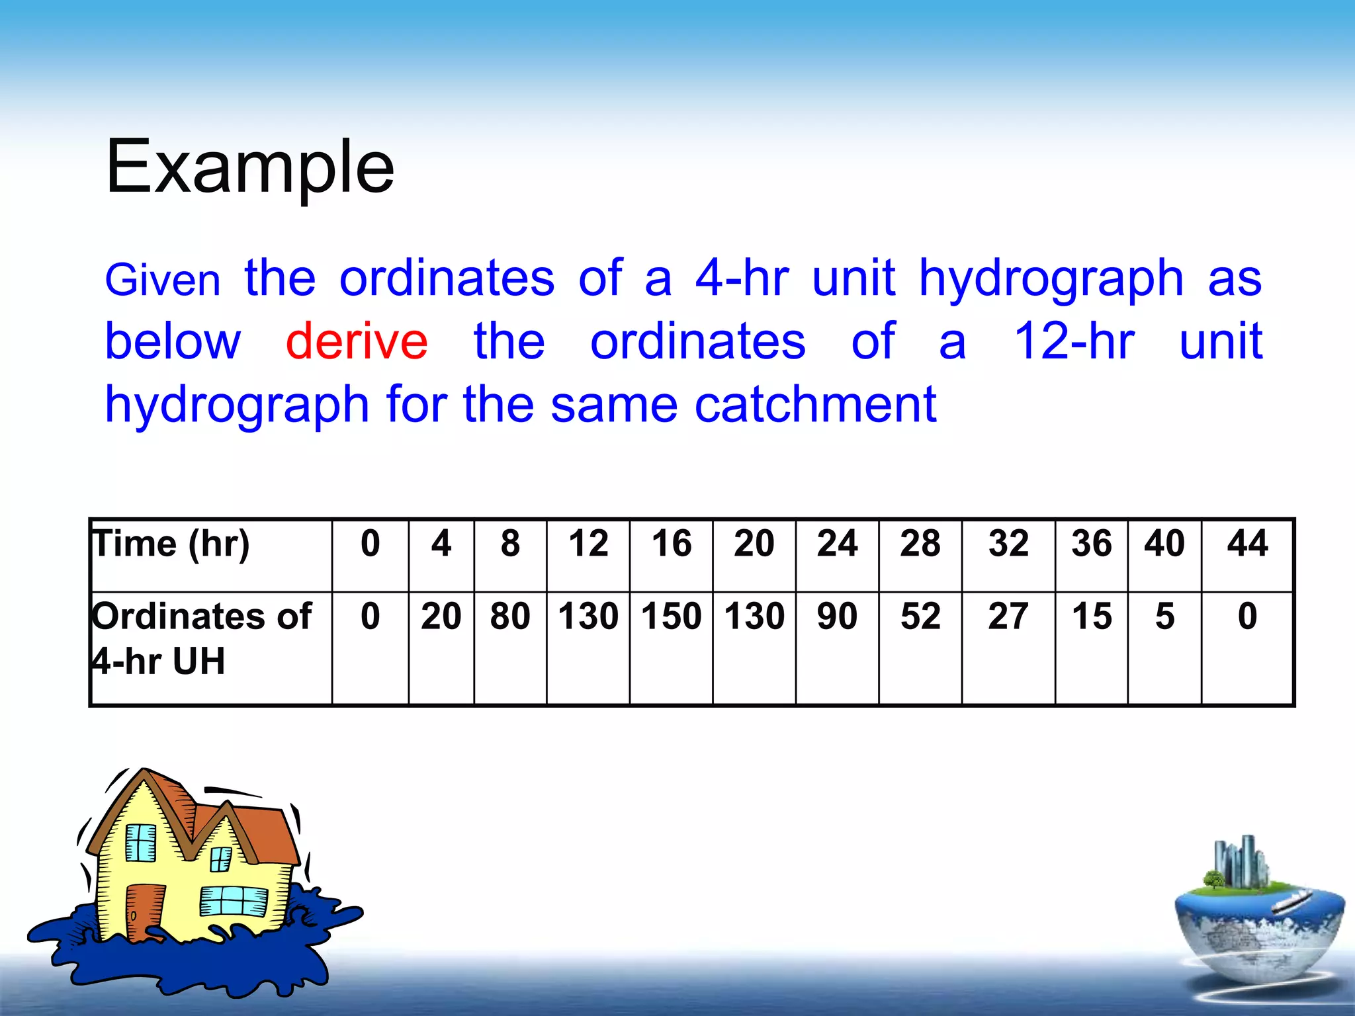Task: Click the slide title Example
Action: tap(249, 167)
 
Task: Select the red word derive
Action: tap(357, 341)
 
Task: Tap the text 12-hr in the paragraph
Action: tap(1074, 341)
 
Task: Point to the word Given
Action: tap(163, 280)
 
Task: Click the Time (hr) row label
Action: tap(171, 544)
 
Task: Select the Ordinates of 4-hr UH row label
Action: tap(201, 638)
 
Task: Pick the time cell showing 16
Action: tap(671, 544)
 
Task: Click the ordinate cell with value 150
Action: tap(671, 616)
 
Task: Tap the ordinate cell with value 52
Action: tap(920, 616)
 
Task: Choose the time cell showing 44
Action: tap(1246, 544)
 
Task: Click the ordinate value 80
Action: tap(510, 616)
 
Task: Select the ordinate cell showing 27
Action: tap(1008, 616)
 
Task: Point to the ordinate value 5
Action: tap(1164, 616)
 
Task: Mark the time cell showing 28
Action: tap(920, 544)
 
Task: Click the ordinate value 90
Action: tap(837, 616)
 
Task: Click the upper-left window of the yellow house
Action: tap(140, 843)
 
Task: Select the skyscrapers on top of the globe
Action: tap(1241, 862)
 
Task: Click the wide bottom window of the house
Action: tap(234, 901)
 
